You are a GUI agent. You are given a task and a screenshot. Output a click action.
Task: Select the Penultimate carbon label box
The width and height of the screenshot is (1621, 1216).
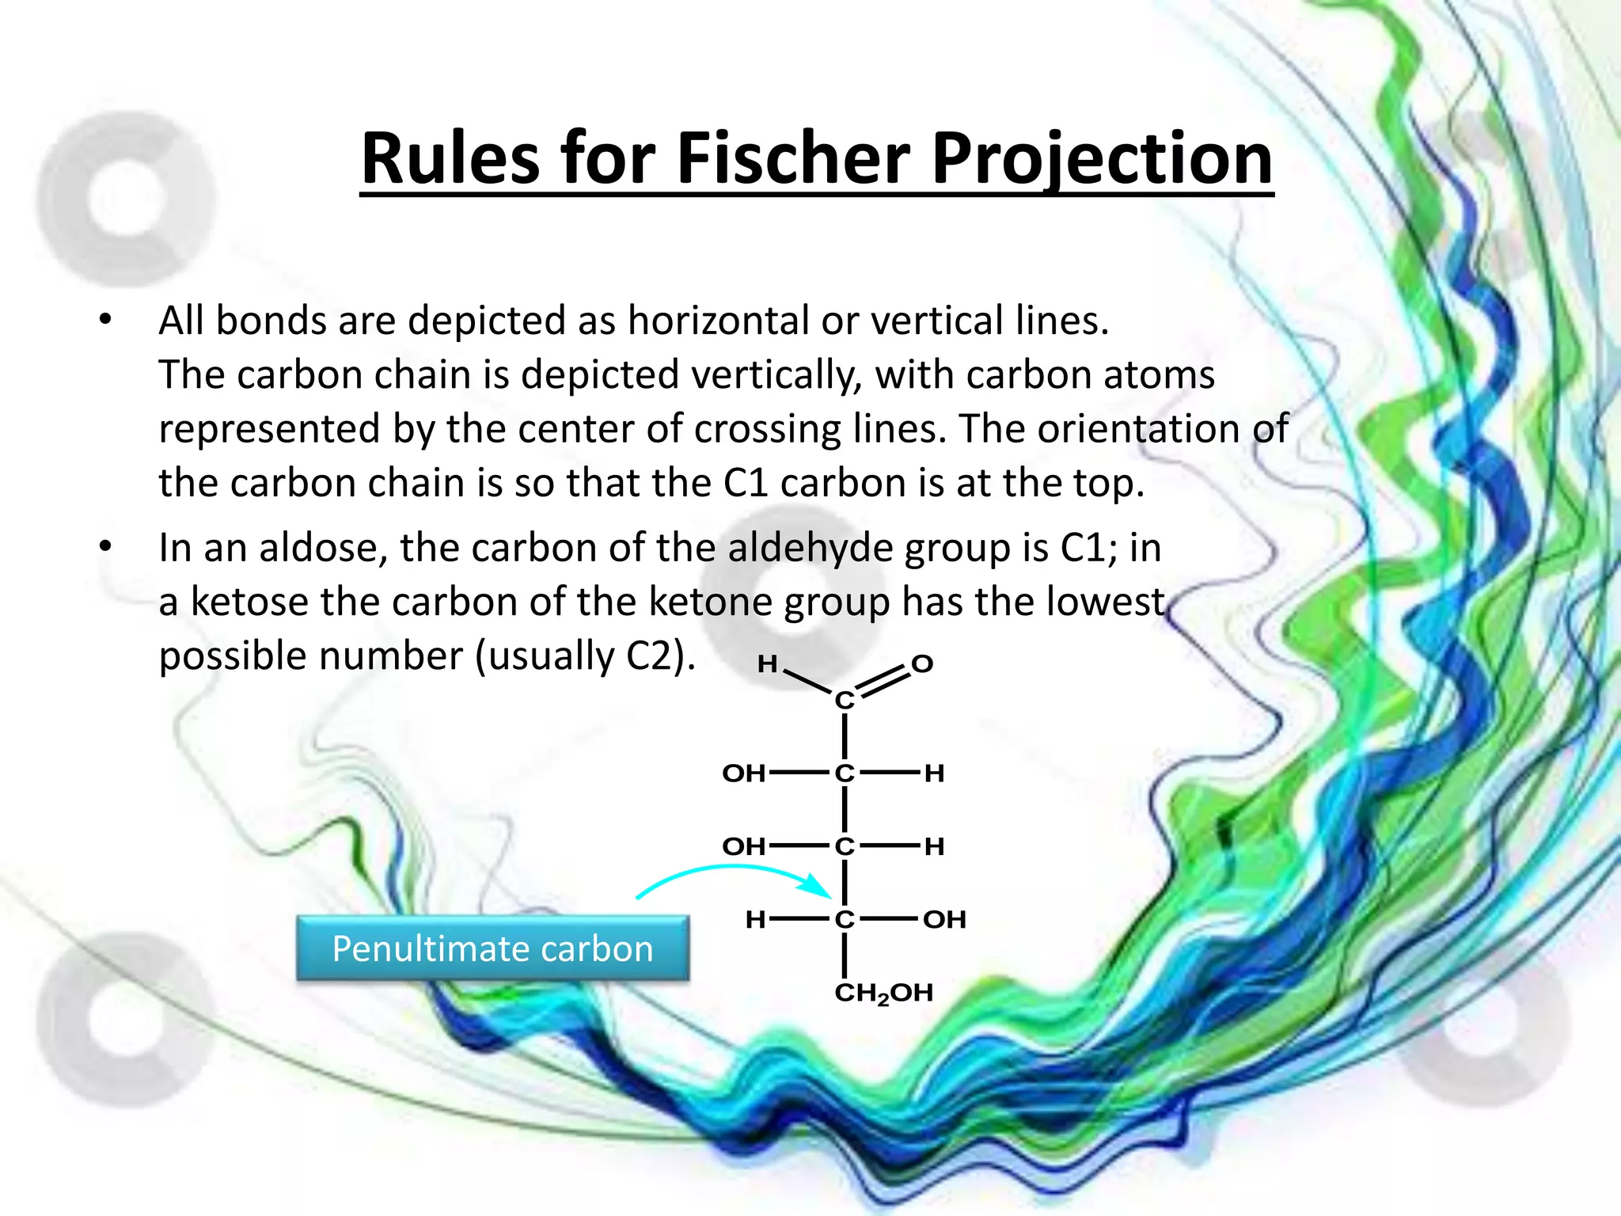(x=492, y=948)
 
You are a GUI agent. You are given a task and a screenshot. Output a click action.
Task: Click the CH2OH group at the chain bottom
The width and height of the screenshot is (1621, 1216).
(x=883, y=993)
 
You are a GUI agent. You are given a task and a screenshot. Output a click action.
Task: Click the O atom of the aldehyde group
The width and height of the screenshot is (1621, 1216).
(x=921, y=663)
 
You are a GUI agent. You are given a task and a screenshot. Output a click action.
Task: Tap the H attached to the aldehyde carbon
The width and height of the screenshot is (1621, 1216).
(x=766, y=663)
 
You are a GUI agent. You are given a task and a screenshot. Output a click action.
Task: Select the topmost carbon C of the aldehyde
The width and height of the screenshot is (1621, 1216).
(x=845, y=700)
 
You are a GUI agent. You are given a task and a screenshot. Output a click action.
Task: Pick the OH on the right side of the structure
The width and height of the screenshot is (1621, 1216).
(x=943, y=920)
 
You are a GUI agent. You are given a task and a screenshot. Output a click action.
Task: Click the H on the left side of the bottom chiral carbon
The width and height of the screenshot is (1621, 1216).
(x=755, y=920)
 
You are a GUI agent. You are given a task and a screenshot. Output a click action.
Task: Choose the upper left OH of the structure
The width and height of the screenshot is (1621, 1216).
(x=743, y=773)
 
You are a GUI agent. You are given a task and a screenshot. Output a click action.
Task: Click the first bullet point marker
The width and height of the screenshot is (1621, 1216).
(x=105, y=321)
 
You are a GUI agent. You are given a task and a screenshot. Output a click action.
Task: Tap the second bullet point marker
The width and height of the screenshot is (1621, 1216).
(x=105, y=547)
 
